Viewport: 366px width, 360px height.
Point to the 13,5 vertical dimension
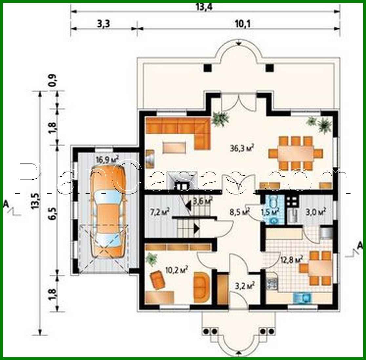[35, 200]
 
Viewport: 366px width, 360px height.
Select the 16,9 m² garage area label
[107, 160]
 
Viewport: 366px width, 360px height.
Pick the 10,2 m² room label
[176, 270]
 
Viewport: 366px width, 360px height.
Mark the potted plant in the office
[152, 259]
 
